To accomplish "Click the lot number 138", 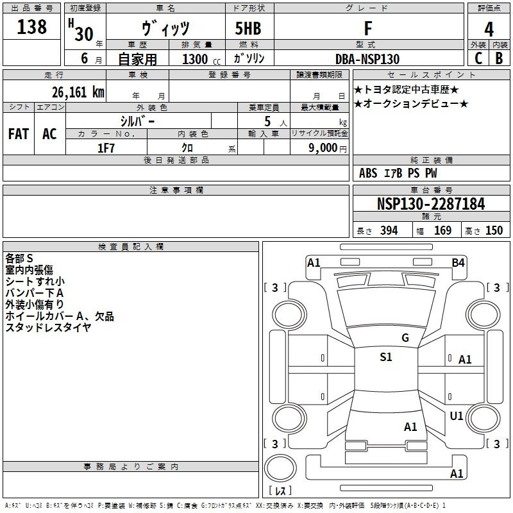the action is click(31, 26).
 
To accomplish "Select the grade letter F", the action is click(368, 28).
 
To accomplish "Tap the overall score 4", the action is click(489, 29).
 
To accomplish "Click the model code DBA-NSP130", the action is click(367, 59).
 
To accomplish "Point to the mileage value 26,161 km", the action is click(78, 92).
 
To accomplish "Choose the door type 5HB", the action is click(248, 28).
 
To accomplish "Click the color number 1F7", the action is click(106, 148).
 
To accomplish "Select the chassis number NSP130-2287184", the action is click(431, 204).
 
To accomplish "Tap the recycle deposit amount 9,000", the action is click(323, 147).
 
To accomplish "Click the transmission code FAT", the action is click(19, 134).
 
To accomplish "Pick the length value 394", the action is click(389, 231).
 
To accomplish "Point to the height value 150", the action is click(494, 231).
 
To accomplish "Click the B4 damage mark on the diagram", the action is click(458, 263).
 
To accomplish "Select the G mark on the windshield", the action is click(405, 338).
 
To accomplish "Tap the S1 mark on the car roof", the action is click(386, 357).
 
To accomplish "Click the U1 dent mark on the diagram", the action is click(457, 416).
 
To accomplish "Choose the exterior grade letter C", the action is click(478, 58).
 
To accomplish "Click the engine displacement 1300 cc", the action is click(201, 59).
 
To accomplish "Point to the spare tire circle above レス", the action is click(280, 468).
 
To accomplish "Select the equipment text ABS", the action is click(368, 173).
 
